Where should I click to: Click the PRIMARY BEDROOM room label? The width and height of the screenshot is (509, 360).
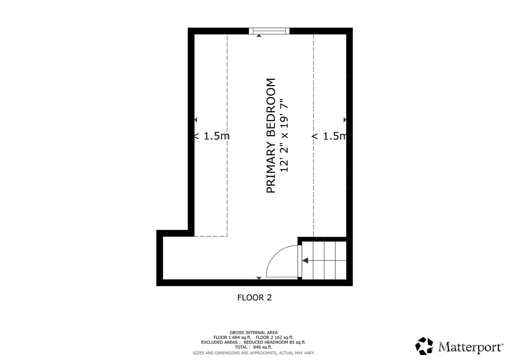pyautogui.click(x=271, y=135)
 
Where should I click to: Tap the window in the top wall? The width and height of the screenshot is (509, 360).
pyautogui.click(x=269, y=31)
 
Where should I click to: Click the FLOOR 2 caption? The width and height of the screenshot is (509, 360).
pyautogui.click(x=254, y=298)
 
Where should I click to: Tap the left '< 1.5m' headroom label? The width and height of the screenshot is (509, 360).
pyautogui.click(x=212, y=136)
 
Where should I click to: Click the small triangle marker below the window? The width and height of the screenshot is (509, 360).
pyautogui.click(x=259, y=36)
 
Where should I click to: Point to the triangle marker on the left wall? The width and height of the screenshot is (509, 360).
pyautogui.click(x=196, y=120)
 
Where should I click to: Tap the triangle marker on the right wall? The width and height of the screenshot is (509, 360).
pyautogui.click(x=345, y=120)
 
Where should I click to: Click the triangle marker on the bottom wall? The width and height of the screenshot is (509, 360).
pyautogui.click(x=259, y=278)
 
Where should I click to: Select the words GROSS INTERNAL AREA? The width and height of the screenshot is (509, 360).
pyautogui.click(x=254, y=333)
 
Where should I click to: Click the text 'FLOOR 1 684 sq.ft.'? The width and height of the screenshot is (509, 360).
pyautogui.click(x=232, y=337)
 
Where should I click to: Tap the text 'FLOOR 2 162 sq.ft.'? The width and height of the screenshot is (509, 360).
pyautogui.click(x=275, y=337)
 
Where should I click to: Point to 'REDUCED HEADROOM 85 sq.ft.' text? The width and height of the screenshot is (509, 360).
pyautogui.click(x=275, y=342)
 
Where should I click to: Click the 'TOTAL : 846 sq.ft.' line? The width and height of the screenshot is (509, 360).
pyautogui.click(x=254, y=347)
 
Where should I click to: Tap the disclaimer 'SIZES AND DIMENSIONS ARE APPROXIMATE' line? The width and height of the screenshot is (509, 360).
pyautogui.click(x=254, y=353)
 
